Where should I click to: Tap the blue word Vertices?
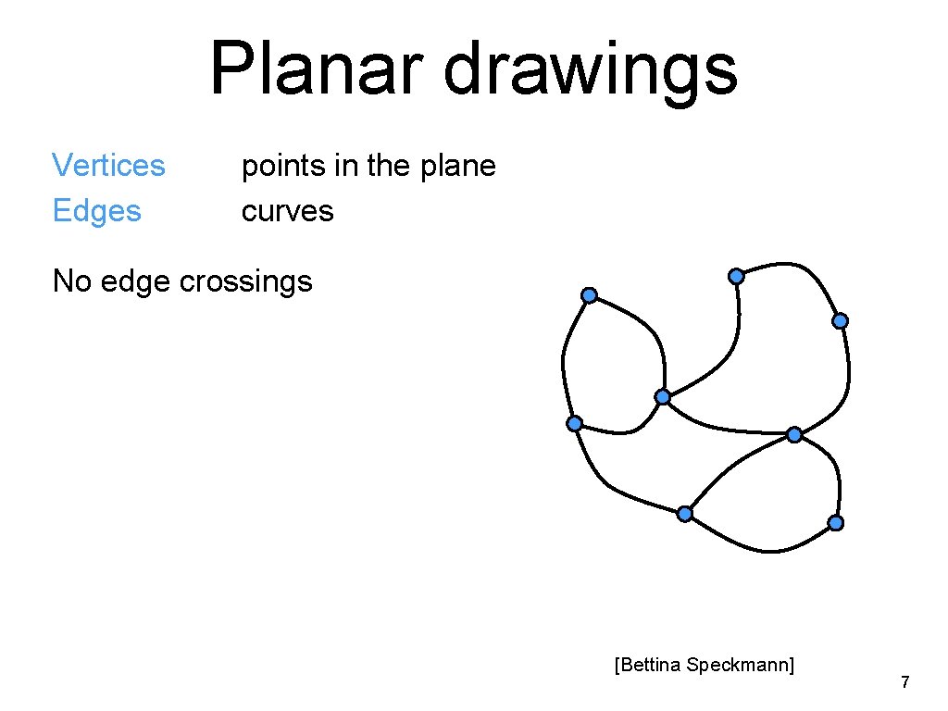(x=108, y=166)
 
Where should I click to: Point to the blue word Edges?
(x=96, y=211)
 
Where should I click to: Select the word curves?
(x=287, y=211)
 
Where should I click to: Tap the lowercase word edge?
(x=137, y=281)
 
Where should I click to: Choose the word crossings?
(x=246, y=281)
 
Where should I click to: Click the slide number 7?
(x=905, y=683)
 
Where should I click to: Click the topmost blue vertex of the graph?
(x=736, y=276)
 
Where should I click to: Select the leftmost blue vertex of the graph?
(x=575, y=423)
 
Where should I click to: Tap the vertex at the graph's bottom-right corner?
(x=835, y=523)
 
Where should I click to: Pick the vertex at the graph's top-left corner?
(x=589, y=295)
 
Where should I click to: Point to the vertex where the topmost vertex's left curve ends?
(x=663, y=397)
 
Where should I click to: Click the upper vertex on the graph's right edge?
(x=840, y=321)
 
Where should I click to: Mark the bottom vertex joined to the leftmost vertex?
(x=684, y=514)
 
